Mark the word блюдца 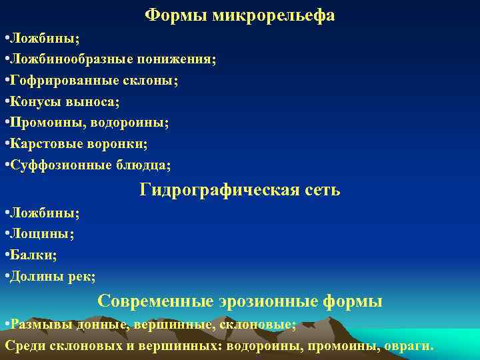click(147, 165)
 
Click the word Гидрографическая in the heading click(210, 191)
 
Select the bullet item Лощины click(41, 234)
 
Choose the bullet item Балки click(34, 255)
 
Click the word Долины click(36, 276)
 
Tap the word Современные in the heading click(155, 302)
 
